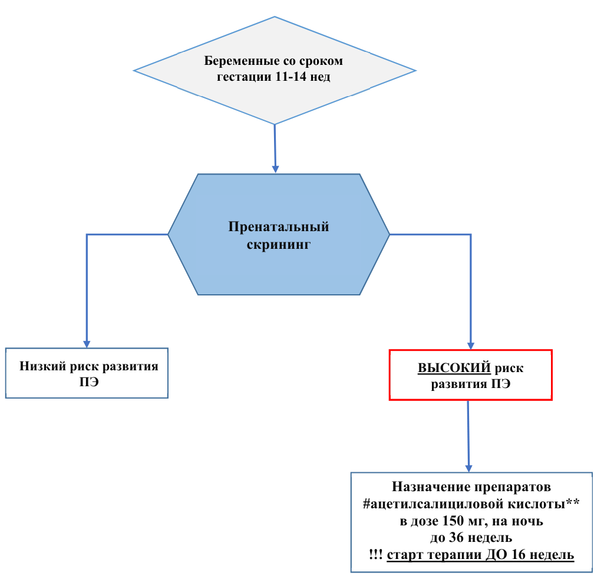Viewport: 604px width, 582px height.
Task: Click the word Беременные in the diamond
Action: (x=236, y=61)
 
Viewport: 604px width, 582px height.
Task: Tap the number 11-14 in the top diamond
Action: (x=291, y=76)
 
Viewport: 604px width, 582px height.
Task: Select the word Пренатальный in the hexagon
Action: (x=279, y=226)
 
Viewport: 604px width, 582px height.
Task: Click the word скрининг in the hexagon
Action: (x=279, y=244)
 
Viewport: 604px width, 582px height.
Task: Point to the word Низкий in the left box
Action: (x=43, y=366)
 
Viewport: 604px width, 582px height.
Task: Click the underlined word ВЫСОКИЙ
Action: (x=454, y=368)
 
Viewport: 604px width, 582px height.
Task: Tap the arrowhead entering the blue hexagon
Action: (x=275, y=169)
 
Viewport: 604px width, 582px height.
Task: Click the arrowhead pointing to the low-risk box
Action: (x=87, y=344)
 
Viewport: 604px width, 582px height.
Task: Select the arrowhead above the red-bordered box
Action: (x=471, y=346)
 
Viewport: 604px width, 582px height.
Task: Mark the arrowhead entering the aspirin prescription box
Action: (x=469, y=468)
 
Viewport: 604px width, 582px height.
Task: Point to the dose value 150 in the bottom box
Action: (x=453, y=521)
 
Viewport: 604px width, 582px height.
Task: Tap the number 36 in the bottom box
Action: (x=456, y=537)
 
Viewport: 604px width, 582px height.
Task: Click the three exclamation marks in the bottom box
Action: (x=375, y=555)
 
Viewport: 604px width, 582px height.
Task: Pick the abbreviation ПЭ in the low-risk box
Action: (x=89, y=382)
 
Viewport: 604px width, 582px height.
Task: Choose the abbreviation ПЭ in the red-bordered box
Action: (x=500, y=384)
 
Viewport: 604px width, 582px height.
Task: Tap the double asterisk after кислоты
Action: (x=572, y=502)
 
